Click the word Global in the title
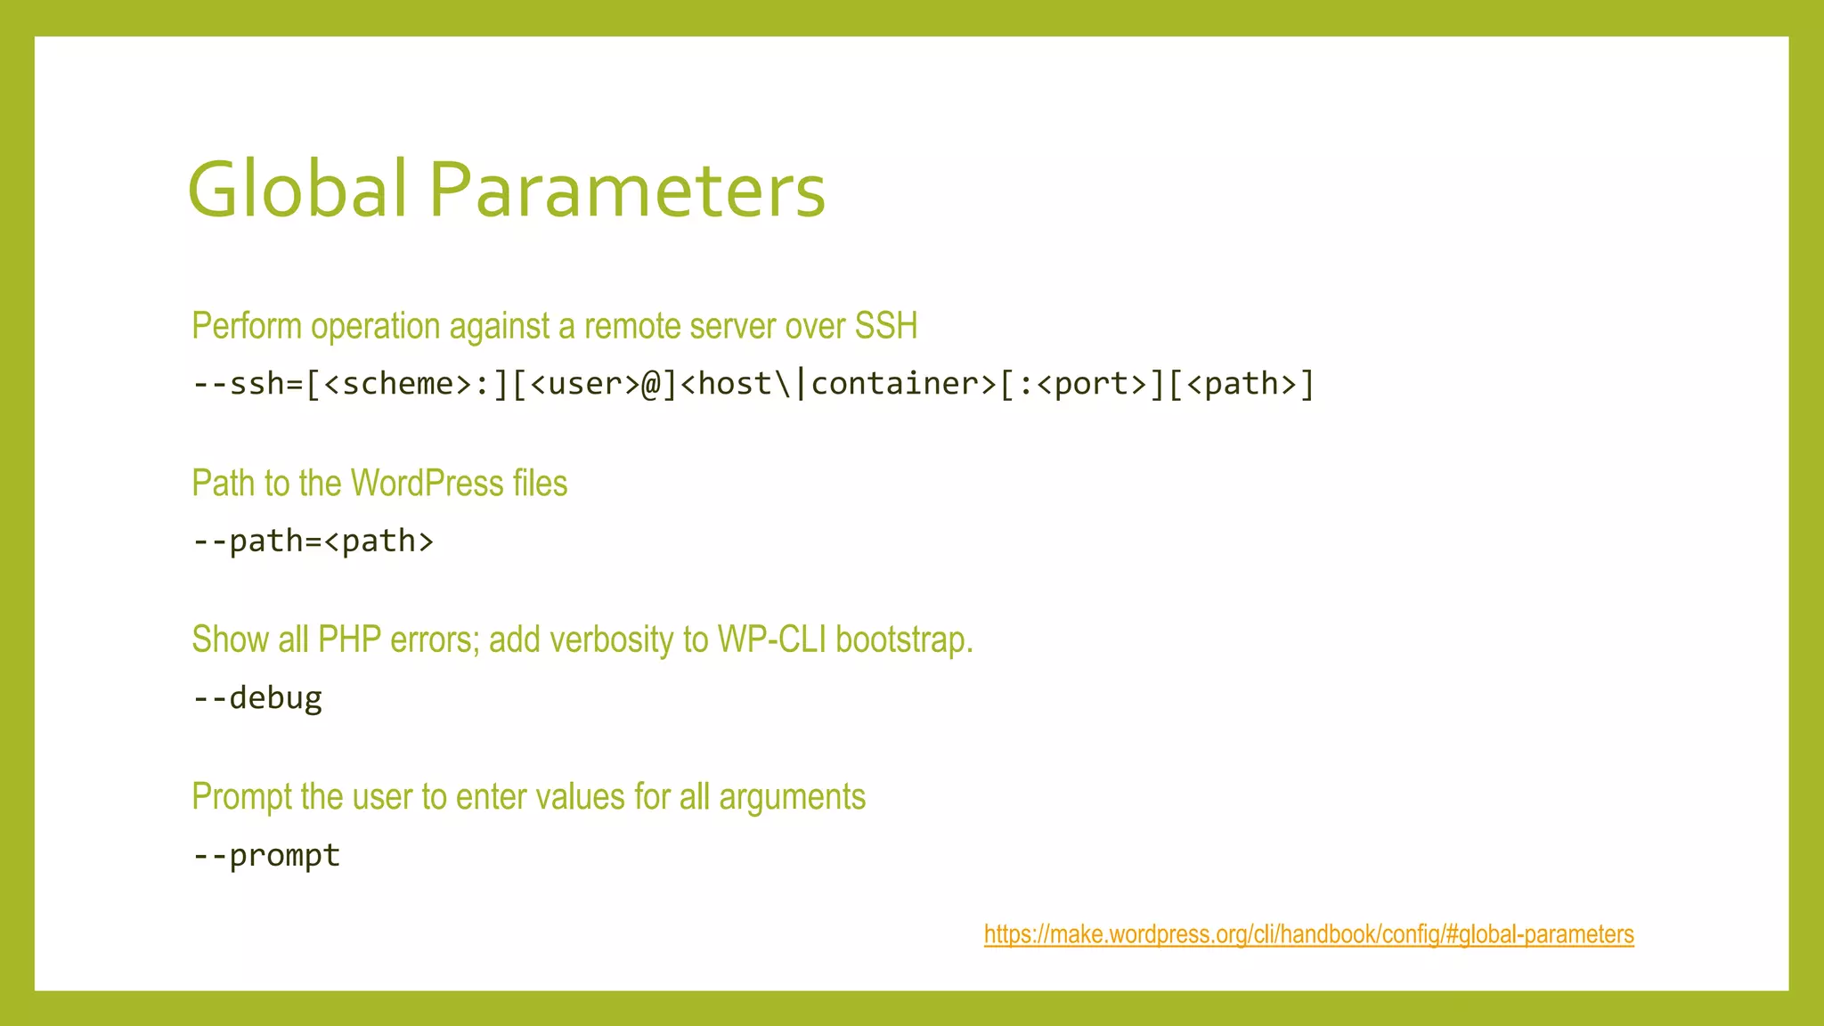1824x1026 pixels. pos(297,189)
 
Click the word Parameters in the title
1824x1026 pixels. pos(627,189)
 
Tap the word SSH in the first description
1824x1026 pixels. pos(885,326)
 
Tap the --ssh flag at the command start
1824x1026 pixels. pos(238,384)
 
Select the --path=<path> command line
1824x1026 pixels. pos(313,541)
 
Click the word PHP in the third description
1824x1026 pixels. pos(349,640)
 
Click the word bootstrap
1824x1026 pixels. pos(903,640)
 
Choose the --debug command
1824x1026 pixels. pos(257,698)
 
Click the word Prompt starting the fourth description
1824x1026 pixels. pos(241,797)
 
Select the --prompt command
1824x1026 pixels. pos(266,856)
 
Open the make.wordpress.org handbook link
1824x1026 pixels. pos(1308,934)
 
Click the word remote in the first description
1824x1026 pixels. pos(632,326)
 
